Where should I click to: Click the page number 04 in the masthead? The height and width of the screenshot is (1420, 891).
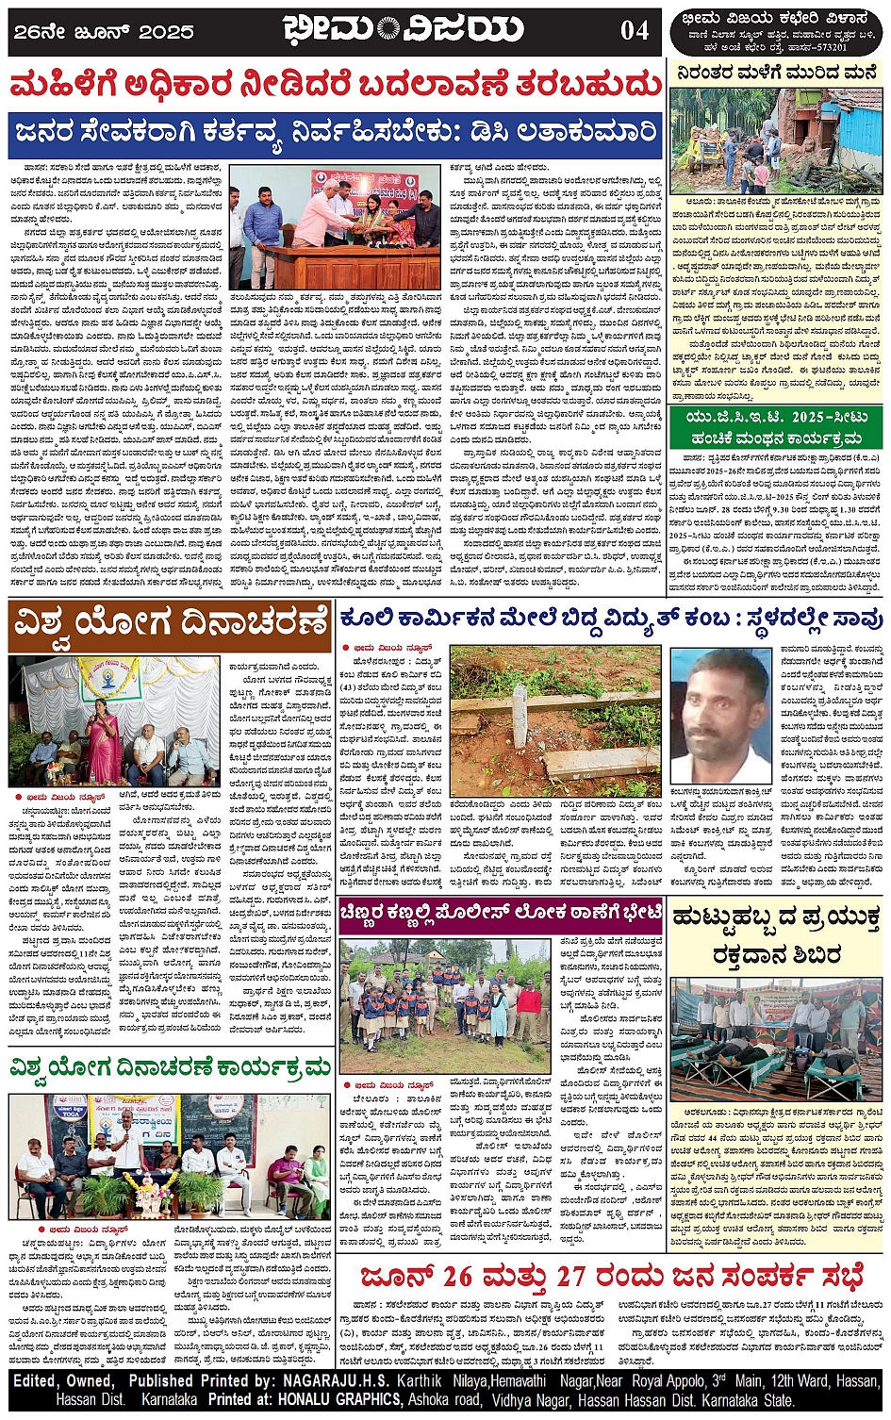(635, 30)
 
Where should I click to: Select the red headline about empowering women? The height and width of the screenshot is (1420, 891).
(335, 86)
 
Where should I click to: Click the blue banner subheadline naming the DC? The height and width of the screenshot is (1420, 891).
(335, 132)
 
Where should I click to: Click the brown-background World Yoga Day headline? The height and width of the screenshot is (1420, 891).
(170, 625)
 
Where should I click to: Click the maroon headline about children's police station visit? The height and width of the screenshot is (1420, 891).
(501, 913)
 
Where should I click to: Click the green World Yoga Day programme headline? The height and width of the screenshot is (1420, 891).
(170, 1068)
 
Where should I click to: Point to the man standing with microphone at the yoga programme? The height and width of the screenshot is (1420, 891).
(124, 1154)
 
